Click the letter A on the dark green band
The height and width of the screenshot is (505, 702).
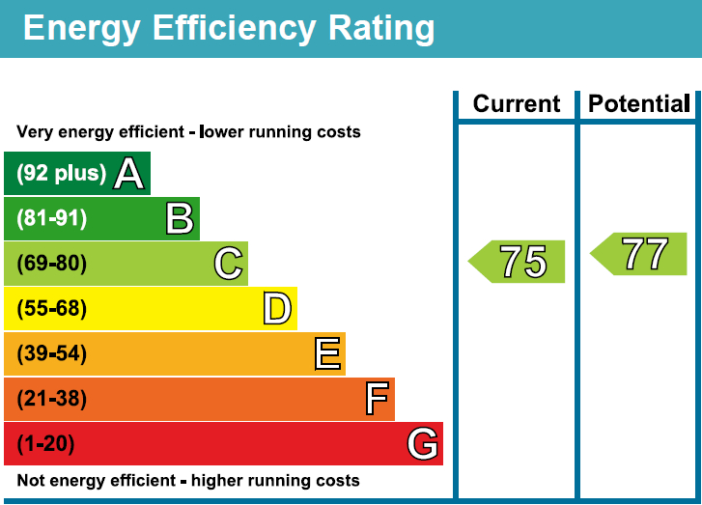coord(129,174)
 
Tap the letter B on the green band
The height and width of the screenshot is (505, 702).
coord(180,218)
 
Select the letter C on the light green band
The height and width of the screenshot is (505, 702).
coord(228,264)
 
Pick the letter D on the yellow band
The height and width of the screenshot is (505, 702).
coord(277,309)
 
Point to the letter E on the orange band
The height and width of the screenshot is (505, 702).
coord(327,354)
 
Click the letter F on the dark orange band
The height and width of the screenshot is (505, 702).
coord(377,399)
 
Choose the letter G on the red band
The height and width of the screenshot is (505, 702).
coord(423,444)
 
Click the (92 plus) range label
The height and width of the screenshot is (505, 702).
coord(62,174)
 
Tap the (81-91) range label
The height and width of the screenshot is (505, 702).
coord(52,218)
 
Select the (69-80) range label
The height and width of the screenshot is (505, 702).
coord(52,264)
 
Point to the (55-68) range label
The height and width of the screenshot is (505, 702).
coord(52,309)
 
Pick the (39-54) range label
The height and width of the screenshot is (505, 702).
coord(52,354)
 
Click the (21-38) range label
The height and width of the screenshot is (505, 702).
coord(52,399)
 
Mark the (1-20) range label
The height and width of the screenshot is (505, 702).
coord(45,444)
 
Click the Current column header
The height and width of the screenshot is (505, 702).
coord(517,104)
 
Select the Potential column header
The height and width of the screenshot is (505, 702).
coord(639,104)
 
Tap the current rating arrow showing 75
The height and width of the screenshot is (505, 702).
coord(519,262)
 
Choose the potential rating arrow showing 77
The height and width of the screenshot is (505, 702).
coord(640,254)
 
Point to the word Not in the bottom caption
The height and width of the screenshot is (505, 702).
coord(31,480)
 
